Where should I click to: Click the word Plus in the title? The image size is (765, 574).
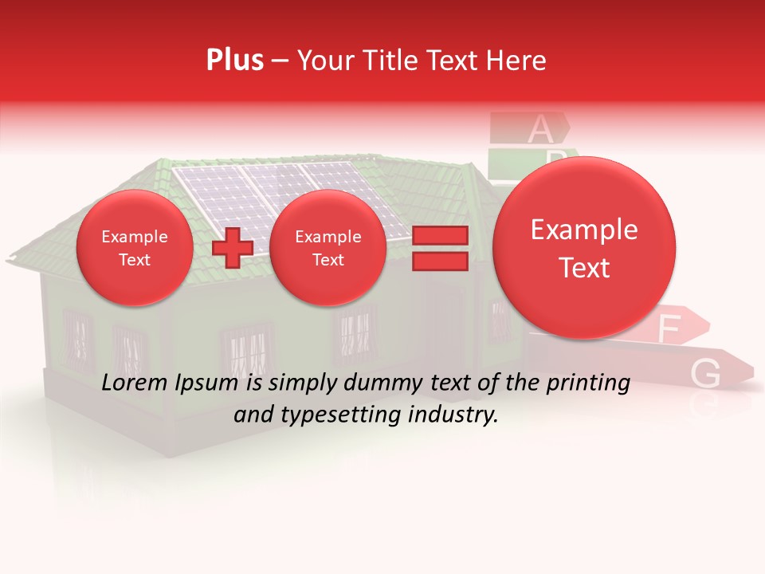(234, 61)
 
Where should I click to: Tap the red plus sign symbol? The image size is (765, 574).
(232, 248)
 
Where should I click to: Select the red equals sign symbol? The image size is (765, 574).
(439, 248)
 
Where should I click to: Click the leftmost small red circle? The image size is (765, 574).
(134, 248)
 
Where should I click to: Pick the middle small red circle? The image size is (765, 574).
(328, 248)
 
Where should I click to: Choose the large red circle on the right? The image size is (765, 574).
(584, 248)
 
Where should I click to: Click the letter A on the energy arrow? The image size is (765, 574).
(539, 127)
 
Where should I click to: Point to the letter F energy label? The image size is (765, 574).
(669, 328)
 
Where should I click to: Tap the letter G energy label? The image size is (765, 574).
(706, 372)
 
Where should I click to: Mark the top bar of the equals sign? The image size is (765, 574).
(439, 235)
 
